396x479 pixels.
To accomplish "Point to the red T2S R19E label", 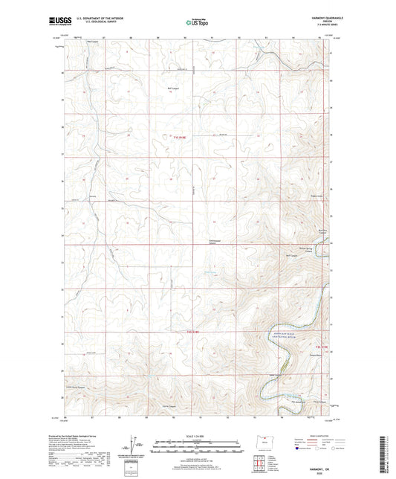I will [x=322, y=349].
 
